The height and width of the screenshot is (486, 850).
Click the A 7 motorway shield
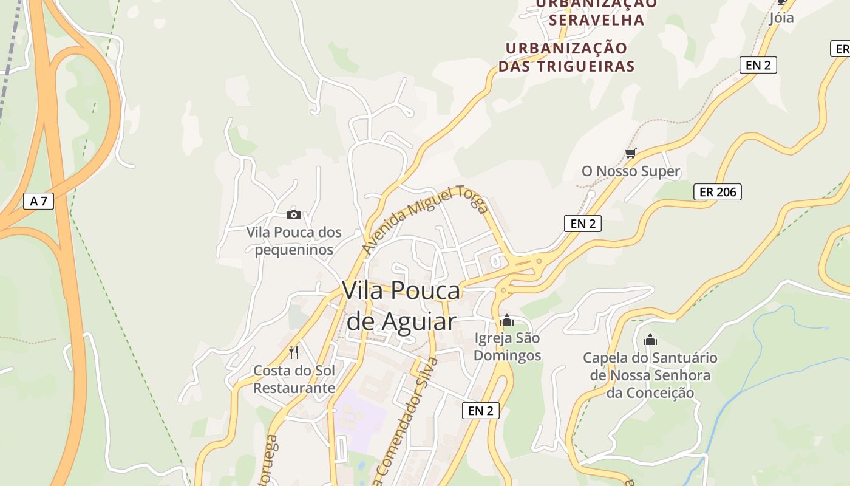(38, 201)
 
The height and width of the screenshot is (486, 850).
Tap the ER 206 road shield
(717, 192)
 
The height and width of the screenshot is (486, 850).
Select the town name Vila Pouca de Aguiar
(401, 306)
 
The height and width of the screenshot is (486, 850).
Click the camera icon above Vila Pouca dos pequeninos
(294, 214)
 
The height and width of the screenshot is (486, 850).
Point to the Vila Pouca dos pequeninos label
(294, 241)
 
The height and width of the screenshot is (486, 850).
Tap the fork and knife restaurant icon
(294, 352)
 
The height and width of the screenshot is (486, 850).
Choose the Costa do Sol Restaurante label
(294, 379)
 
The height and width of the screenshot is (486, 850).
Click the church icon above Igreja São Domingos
(507, 320)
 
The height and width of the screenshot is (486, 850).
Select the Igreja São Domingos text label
(507, 346)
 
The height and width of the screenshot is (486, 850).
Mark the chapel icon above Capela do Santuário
(650, 340)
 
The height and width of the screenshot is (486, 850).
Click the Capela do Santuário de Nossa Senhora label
(650, 375)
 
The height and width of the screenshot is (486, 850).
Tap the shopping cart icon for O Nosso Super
(631, 153)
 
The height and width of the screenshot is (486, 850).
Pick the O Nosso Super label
(631, 171)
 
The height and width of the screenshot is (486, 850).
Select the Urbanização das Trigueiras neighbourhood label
(566, 57)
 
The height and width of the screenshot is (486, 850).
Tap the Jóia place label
(781, 18)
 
